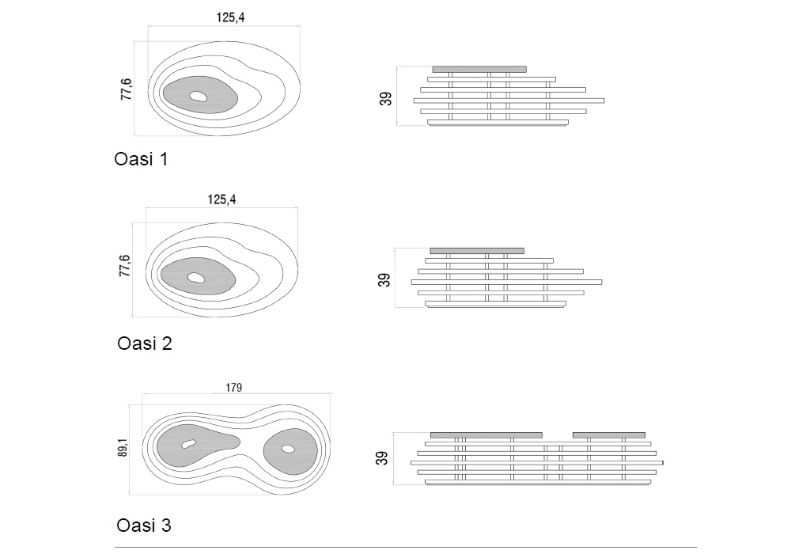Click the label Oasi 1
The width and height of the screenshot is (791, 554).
141,159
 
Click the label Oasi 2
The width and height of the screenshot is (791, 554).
144,343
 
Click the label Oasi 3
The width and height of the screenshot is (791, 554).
143,525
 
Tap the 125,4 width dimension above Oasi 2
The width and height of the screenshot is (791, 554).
222,199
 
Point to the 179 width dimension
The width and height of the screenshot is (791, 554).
233,388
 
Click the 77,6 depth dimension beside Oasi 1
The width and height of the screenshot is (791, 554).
126,89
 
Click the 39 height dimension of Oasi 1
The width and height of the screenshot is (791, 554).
385,99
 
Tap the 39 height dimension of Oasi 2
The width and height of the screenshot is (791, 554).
384,279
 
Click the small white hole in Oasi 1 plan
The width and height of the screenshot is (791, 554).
198,97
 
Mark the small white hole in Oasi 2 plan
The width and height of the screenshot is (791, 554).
195,278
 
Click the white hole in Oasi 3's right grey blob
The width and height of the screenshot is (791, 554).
288,449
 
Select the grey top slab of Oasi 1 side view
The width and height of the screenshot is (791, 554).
479,69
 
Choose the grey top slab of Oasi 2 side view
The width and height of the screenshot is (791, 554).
476,251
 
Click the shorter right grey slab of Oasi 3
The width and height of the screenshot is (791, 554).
608,434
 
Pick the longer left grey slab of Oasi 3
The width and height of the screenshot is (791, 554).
486,434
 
